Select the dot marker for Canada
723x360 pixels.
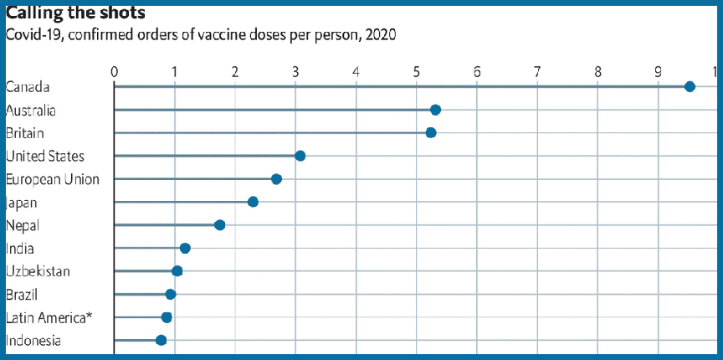pyautogui.click(x=690, y=86)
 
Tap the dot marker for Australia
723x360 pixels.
pyautogui.click(x=435, y=110)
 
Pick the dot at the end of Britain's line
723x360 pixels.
pyautogui.click(x=431, y=132)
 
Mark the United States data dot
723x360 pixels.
pyautogui.click(x=300, y=156)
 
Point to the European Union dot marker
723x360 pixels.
pyautogui.click(x=276, y=179)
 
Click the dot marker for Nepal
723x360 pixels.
pyautogui.click(x=219, y=224)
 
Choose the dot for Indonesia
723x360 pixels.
pyautogui.click(x=162, y=340)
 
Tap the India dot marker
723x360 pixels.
pyautogui.click(x=185, y=248)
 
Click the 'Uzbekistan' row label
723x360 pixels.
pyautogui.click(x=38, y=271)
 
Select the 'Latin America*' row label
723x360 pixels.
pyautogui.click(x=49, y=317)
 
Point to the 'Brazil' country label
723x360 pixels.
pyautogui.click(x=22, y=294)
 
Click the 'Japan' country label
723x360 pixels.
pyautogui.click(x=22, y=202)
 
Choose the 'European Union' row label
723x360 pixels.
pyautogui.click(x=52, y=179)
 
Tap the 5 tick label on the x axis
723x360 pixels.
pyautogui.click(x=417, y=71)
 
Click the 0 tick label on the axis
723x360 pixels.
pyautogui.click(x=114, y=71)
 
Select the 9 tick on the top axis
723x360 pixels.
pyautogui.click(x=659, y=71)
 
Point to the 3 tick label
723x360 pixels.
pyautogui.click(x=295, y=71)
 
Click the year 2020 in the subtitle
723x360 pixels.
pyautogui.click(x=381, y=35)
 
